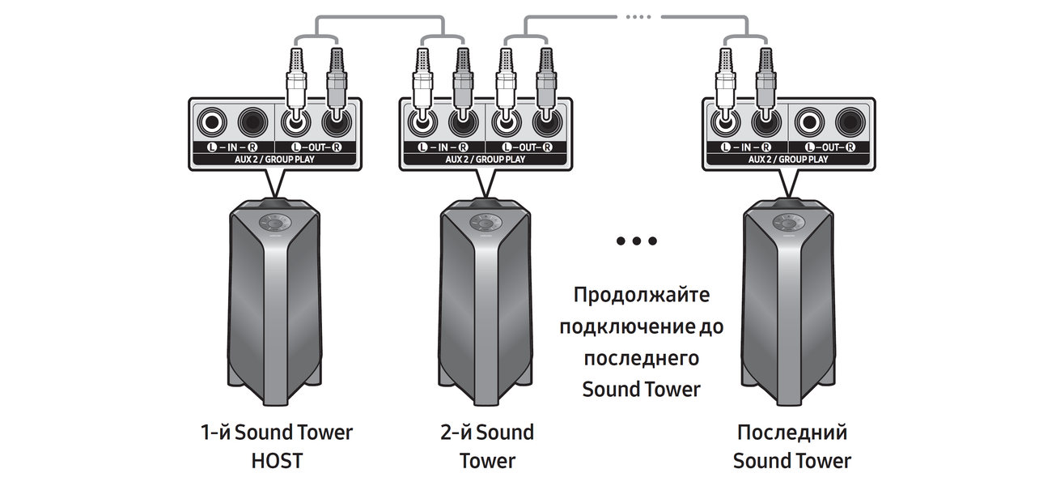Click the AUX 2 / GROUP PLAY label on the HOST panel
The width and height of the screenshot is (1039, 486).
click(x=275, y=160)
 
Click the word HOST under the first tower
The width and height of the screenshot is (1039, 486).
click(x=276, y=462)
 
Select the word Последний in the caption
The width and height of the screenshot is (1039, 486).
click(x=792, y=432)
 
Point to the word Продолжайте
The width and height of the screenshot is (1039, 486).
click(x=642, y=294)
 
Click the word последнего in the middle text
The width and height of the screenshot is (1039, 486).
click(x=642, y=358)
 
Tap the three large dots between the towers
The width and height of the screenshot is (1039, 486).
click(x=636, y=241)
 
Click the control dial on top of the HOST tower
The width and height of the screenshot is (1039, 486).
click(x=275, y=223)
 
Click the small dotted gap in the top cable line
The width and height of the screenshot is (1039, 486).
click(x=639, y=16)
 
